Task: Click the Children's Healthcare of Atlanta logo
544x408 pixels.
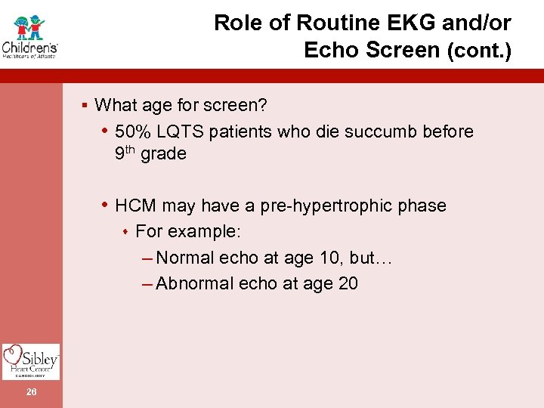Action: click(x=30, y=36)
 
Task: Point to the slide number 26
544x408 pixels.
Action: click(x=30, y=391)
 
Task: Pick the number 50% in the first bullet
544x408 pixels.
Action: click(x=133, y=131)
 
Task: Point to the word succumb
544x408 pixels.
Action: click(x=370, y=131)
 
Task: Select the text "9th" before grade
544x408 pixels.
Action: click(x=125, y=153)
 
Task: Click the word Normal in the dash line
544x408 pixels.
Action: click(x=185, y=258)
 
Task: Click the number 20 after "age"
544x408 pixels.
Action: click(x=348, y=283)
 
